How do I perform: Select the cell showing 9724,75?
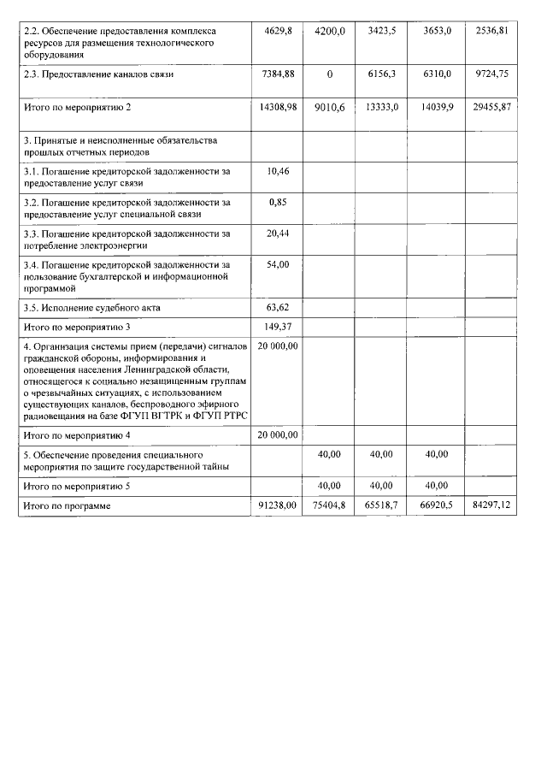tap(497, 74)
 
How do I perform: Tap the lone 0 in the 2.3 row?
tap(329, 74)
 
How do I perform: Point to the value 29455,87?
tap(497, 107)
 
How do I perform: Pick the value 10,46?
tap(278, 172)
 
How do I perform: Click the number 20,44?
tap(278, 233)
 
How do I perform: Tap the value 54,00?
tap(278, 265)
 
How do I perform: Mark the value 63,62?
tap(278, 305)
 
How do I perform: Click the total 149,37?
tap(278, 326)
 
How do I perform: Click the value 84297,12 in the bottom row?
tap(497, 506)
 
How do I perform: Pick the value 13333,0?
tap(382, 107)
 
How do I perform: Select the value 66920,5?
tap(437, 506)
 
